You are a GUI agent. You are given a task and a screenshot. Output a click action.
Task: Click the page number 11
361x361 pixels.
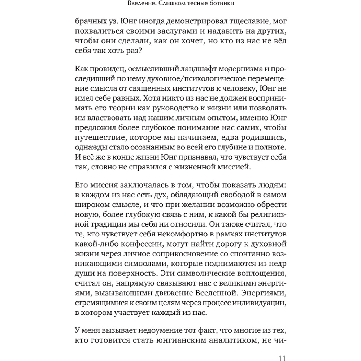(282, 358)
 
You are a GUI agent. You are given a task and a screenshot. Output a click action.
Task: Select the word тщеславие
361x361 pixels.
(245, 21)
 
